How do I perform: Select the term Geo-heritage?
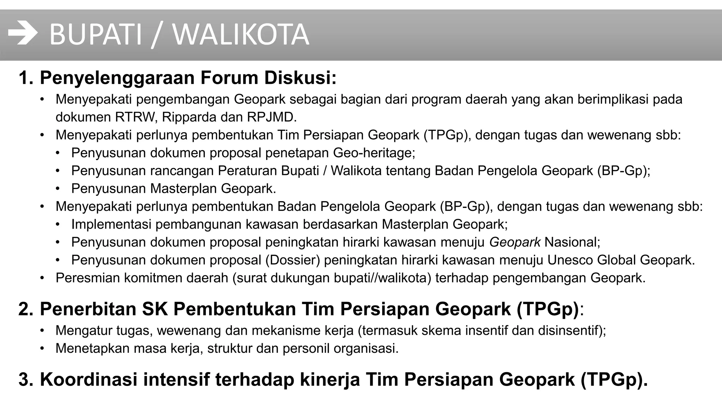click(374, 153)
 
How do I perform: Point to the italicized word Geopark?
click(515, 242)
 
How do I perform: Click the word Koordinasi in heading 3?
click(88, 380)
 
